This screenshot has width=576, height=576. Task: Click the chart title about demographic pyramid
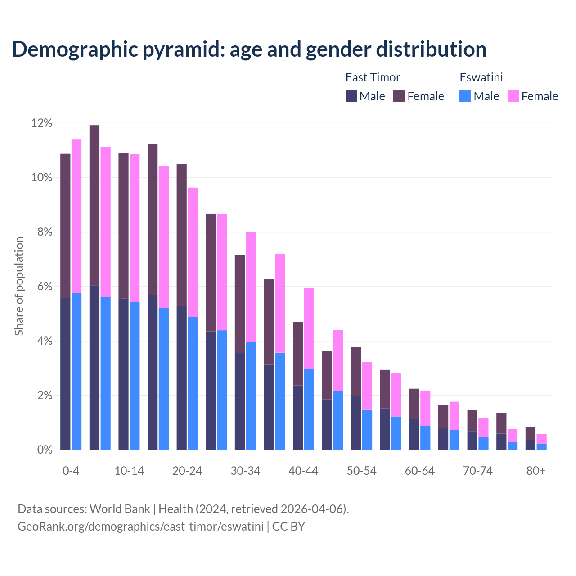tap(249, 49)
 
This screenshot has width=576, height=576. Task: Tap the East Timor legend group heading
tap(373, 77)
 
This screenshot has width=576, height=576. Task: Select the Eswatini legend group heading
tap(481, 77)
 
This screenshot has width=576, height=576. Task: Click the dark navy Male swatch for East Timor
tap(351, 96)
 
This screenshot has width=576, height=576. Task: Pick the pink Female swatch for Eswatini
tap(513, 96)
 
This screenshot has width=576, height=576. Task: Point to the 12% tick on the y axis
tap(42, 123)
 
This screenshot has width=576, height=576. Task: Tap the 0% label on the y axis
tap(45, 450)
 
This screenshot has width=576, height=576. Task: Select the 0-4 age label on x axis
tap(71, 471)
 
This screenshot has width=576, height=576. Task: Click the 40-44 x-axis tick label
tap(303, 471)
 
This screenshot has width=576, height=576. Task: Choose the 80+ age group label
tap(535, 471)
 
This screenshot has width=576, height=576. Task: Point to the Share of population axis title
tap(19, 286)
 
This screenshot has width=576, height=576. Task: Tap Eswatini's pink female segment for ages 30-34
tap(251, 287)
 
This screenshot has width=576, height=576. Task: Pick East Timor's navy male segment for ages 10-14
tap(124, 374)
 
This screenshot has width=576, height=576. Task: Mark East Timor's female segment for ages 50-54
tap(356, 371)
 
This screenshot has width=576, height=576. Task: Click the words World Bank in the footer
tap(120, 508)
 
